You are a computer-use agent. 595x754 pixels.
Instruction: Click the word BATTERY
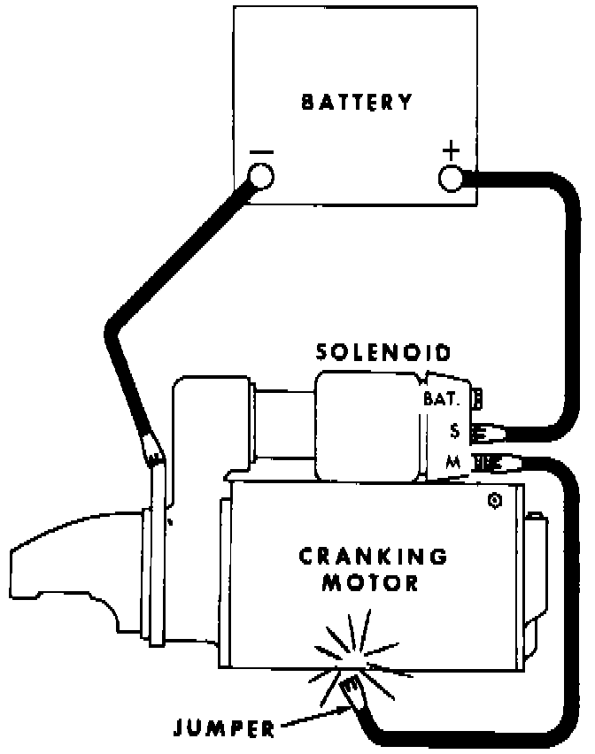[x=357, y=102]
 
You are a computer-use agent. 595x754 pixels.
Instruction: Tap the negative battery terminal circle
[x=261, y=178]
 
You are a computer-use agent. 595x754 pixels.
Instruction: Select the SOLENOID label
[x=384, y=353]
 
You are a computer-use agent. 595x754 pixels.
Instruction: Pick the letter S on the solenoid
[x=454, y=431]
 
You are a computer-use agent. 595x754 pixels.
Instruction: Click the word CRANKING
[x=373, y=557]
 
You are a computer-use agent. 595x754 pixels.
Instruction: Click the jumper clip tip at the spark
[x=352, y=685]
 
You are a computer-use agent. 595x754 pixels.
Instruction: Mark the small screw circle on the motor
[x=493, y=502]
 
